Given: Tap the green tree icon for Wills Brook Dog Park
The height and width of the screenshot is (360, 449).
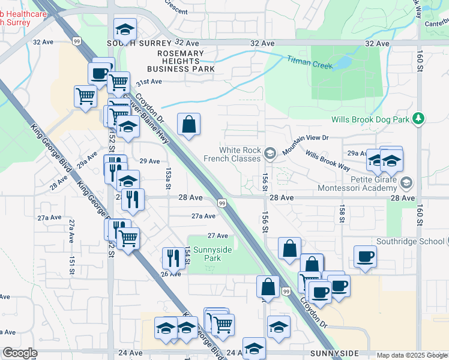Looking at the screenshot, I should click(x=420, y=119).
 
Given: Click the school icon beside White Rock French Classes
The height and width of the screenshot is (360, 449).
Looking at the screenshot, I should click(x=270, y=155).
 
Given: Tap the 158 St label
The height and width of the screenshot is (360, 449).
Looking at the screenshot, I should click(x=341, y=215).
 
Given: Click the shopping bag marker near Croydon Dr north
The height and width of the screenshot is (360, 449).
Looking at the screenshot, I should click(x=188, y=124).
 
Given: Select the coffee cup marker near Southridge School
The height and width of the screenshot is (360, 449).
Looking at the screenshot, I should click(x=365, y=256).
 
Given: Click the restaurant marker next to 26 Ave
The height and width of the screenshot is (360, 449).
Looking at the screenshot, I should click(x=173, y=257).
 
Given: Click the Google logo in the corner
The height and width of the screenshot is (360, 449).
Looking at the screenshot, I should click(x=20, y=353).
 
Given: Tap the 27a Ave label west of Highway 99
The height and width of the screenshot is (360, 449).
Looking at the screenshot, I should click(x=203, y=217).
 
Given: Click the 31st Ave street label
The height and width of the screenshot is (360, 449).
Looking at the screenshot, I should click(x=149, y=82).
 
